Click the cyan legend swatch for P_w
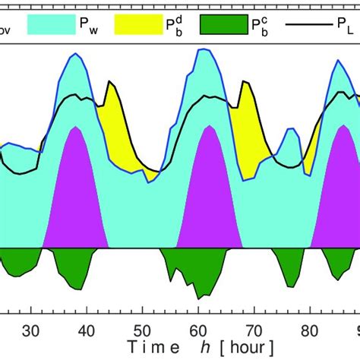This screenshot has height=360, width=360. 49,24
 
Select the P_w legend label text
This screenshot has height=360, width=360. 88,24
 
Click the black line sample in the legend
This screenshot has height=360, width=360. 308,24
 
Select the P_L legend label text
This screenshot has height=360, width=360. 344,24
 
